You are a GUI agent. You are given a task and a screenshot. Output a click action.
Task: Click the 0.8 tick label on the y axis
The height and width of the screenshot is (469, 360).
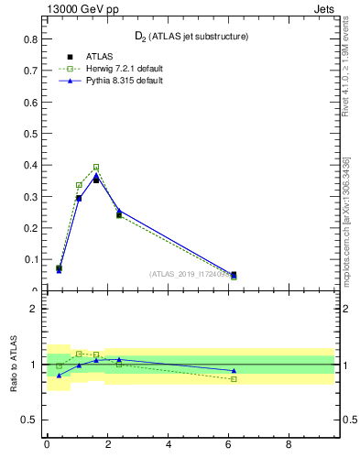(x=30, y=39)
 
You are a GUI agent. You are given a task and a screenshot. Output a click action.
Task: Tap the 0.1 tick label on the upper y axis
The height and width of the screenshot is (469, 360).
(x=30, y=259)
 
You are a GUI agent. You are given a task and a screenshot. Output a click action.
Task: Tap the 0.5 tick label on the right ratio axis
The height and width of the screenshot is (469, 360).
(x=347, y=420)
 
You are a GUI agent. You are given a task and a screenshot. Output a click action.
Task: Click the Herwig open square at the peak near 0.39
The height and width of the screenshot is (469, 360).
(x=96, y=168)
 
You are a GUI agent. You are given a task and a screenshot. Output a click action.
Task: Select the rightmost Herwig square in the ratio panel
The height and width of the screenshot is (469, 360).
(x=234, y=379)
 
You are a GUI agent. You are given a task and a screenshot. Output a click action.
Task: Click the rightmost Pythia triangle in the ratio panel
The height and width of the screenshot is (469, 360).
(x=234, y=371)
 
